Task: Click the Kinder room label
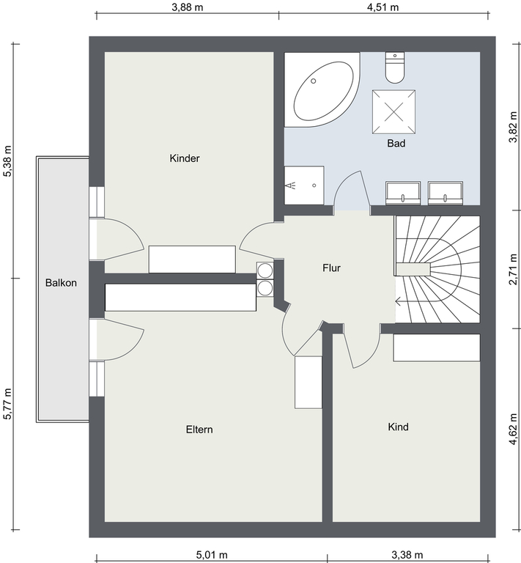pos(185,158)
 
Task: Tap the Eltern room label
pos(199,430)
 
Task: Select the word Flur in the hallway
pos(331,268)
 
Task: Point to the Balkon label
pos(61,283)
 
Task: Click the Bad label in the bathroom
pos(396,143)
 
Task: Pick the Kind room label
pos(399,427)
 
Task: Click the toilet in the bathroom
pos(395,67)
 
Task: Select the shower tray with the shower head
pos(304,185)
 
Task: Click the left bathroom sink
pos(403,194)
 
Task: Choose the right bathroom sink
pos(446,194)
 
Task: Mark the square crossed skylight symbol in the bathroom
pos(393,111)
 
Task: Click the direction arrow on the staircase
pos(399,301)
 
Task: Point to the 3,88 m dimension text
pos(188,7)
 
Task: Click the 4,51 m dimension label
pos(383,7)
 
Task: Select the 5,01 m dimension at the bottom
pos(212,555)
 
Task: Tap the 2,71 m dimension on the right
pos(514,269)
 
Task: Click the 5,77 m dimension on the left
pos(7,404)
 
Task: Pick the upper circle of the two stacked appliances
pos(265,271)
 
